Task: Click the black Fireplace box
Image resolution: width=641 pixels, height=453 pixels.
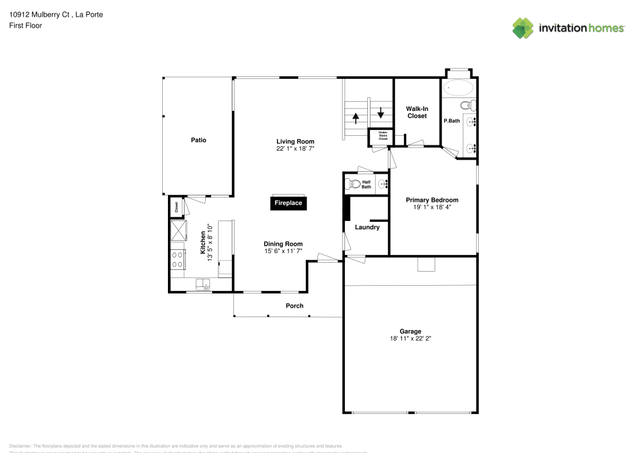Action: pos(288,203)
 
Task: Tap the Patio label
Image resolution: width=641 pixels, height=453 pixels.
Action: pos(198,140)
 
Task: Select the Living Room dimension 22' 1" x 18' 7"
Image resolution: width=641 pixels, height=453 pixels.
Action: pos(296,149)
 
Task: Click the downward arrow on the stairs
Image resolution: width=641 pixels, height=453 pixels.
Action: pos(381,112)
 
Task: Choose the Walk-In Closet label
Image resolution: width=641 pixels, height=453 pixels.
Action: pos(417,112)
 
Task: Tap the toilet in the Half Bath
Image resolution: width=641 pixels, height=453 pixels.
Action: pos(353,185)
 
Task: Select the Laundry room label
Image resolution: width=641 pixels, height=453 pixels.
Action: pos(367,227)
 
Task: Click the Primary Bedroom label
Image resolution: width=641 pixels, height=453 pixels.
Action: pos(432,200)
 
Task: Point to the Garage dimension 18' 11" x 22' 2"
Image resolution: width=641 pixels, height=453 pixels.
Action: pos(410,338)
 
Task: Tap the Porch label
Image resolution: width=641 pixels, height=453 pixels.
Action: pos(294,306)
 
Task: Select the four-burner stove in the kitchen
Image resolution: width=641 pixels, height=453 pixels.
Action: pos(178,259)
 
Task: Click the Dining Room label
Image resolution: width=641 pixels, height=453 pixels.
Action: pos(283,243)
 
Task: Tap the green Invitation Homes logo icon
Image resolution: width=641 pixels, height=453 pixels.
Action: pos(523,28)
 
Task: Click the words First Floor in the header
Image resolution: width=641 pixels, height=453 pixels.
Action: pos(26,26)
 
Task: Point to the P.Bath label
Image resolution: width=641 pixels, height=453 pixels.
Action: pos(452,121)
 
